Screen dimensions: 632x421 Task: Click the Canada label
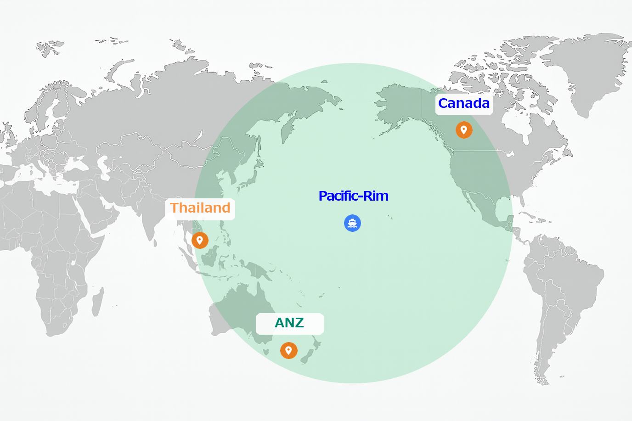464,104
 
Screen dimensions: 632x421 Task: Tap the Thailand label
200,208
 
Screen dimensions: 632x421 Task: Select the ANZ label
289,323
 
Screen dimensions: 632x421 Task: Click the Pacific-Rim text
353,196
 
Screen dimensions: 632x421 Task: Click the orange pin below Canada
464,130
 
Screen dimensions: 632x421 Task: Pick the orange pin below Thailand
200,240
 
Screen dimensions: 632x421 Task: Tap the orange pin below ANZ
288,350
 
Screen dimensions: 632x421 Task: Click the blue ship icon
352,223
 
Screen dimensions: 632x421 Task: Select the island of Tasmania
266,352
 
